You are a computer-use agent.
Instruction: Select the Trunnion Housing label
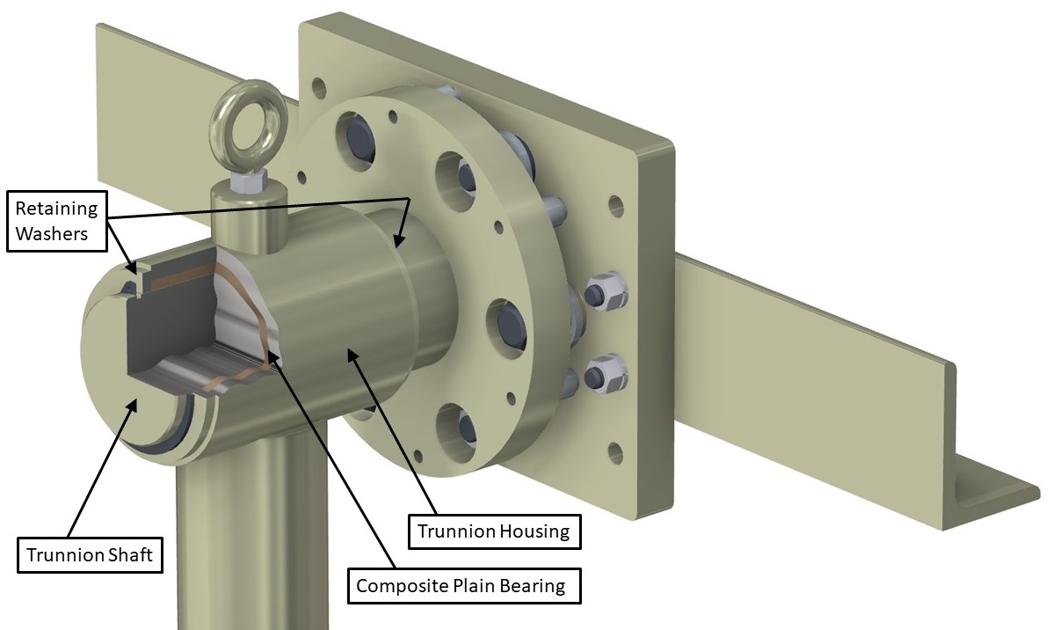coord(493,531)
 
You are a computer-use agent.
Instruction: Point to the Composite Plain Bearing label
coord(465,585)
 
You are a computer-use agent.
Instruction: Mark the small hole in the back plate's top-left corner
coord(319,88)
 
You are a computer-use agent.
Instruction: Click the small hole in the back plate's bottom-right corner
coord(616,454)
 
